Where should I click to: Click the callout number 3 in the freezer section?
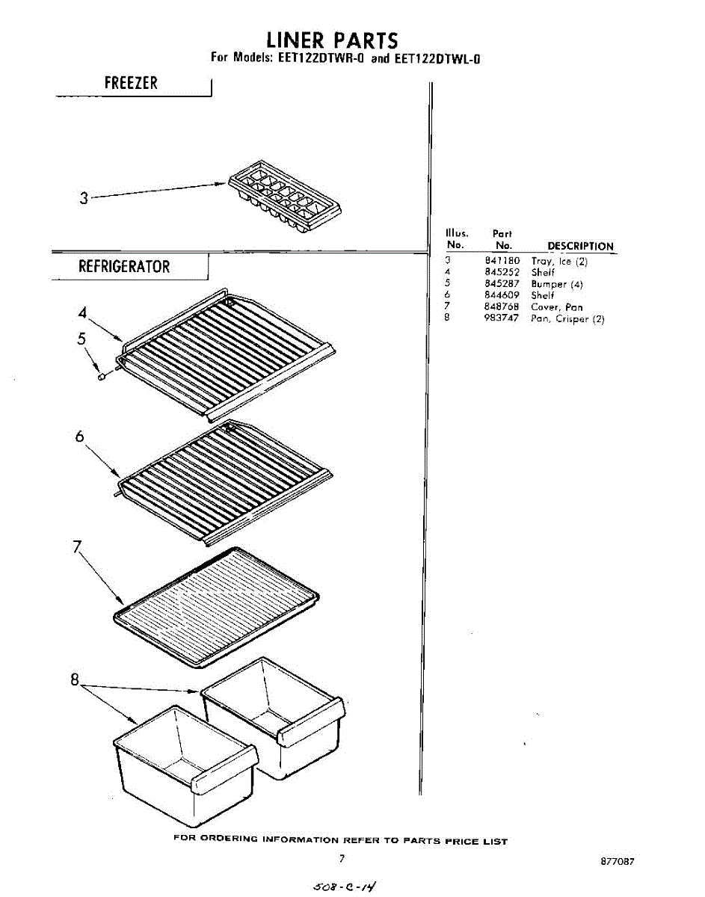click(x=84, y=198)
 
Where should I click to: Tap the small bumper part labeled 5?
click(x=102, y=377)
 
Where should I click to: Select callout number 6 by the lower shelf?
click(x=79, y=437)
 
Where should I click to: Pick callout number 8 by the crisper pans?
click(x=75, y=680)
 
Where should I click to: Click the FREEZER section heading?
click(x=131, y=83)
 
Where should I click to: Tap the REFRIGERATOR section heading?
click(x=124, y=267)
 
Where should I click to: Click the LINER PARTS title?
click(x=333, y=40)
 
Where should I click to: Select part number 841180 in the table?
click(x=502, y=261)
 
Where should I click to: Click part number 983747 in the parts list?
click(x=502, y=319)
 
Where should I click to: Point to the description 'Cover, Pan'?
click(x=557, y=307)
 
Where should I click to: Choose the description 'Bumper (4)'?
click(x=557, y=284)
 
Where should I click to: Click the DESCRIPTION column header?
click(x=580, y=246)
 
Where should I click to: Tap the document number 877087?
click(x=618, y=861)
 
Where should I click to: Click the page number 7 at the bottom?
click(x=342, y=859)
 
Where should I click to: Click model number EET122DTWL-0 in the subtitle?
click(x=437, y=58)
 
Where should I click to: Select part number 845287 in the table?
click(x=502, y=284)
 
